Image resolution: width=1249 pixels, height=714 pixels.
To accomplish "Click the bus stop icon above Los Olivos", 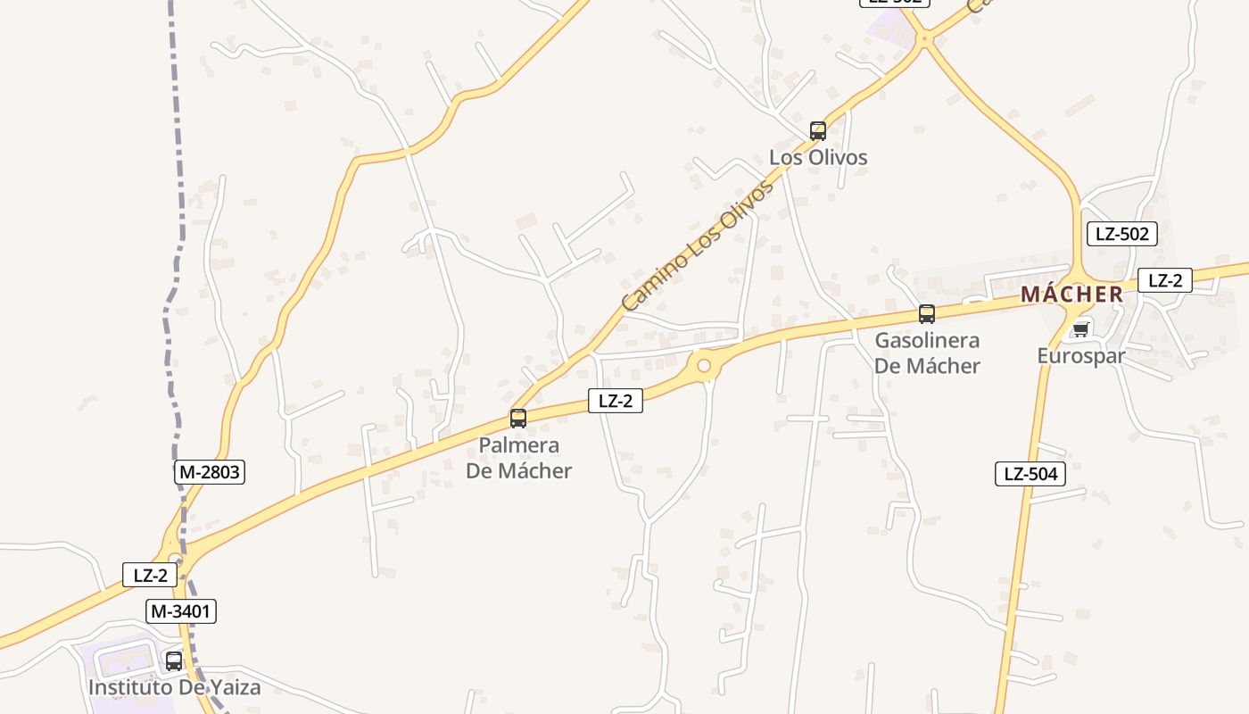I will tap(818, 131).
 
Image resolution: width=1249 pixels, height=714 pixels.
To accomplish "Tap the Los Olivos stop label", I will tap(818, 158).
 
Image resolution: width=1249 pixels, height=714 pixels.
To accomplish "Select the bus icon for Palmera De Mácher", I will tap(518, 418).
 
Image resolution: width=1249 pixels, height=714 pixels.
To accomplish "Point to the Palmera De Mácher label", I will tap(518, 458).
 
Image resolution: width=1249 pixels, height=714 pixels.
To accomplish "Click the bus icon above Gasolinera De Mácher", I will tap(927, 314).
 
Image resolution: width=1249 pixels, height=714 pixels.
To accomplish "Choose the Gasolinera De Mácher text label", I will tap(927, 353).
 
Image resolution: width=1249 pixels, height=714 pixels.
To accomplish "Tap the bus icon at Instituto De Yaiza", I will tap(174, 661).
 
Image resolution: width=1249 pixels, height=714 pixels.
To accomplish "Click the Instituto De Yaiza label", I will tap(174, 687).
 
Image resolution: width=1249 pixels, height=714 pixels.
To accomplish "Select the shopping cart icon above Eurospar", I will tap(1080, 329).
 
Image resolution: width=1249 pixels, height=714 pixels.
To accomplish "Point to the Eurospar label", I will tap(1080, 356).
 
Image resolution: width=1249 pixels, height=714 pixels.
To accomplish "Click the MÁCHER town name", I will tap(1071, 295).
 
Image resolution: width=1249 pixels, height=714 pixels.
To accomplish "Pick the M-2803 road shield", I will tap(210, 472).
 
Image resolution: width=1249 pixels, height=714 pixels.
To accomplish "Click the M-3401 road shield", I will tap(182, 611).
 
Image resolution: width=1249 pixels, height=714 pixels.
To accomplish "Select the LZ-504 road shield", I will tap(1030, 474).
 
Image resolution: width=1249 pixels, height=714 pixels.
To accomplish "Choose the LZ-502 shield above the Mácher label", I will tap(1122, 234).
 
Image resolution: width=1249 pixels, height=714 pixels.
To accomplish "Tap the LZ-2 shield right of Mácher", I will tap(1165, 280).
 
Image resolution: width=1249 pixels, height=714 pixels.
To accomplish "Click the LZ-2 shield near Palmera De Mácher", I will tap(615, 401).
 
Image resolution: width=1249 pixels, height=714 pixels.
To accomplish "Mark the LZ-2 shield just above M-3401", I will tap(150, 575).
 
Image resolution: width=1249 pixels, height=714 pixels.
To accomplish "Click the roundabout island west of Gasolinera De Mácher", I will tap(704, 365).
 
